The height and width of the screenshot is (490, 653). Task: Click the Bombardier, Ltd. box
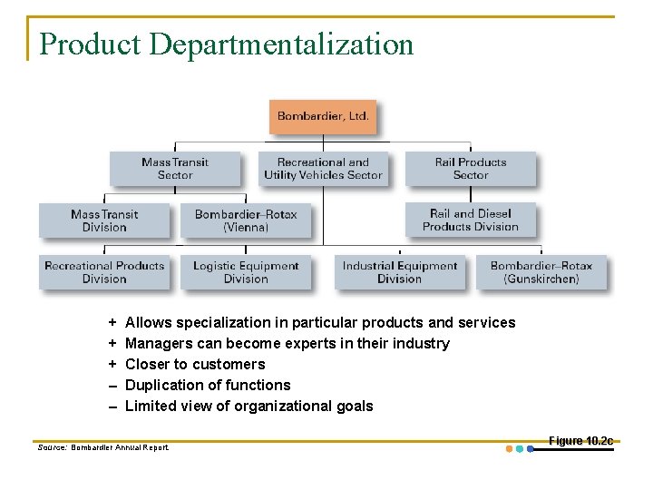coord(323,117)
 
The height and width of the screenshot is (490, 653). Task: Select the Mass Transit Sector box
coord(175,169)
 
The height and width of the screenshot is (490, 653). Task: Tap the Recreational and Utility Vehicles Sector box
coord(323,169)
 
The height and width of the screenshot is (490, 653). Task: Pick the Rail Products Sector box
coord(470,169)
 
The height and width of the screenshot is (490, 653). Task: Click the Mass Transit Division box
coord(104,220)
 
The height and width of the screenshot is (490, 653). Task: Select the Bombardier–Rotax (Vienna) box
coord(246,220)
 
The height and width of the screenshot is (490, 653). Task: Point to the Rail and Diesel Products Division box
coord(470,220)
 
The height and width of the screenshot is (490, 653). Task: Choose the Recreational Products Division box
coord(104,272)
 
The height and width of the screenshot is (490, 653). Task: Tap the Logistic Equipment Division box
coord(246,272)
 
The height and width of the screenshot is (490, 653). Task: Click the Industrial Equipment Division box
coord(399,272)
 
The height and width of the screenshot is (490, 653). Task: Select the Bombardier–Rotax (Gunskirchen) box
coord(541,272)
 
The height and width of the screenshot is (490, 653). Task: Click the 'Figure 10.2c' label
coord(580,441)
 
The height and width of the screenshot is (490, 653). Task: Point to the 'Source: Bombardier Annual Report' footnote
coord(103,447)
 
